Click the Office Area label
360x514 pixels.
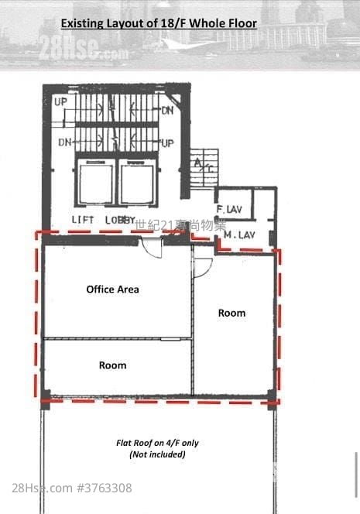pyautogui.click(x=112, y=290)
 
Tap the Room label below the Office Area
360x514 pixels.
pyautogui.click(x=112, y=365)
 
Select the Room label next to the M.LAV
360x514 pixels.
pyautogui.click(x=231, y=314)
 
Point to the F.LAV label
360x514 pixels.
pyautogui.click(x=230, y=210)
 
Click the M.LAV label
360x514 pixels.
pyautogui.click(x=239, y=234)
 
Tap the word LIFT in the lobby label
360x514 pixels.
pyautogui.click(x=83, y=220)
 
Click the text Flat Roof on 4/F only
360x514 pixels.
pyautogui.click(x=157, y=443)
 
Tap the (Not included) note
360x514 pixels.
pyautogui.click(x=157, y=454)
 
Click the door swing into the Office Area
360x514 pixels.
pyautogui.click(x=152, y=247)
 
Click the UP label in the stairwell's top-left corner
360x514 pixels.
pyautogui.click(x=61, y=101)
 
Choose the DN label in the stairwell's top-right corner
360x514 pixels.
pyautogui.click(x=167, y=111)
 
